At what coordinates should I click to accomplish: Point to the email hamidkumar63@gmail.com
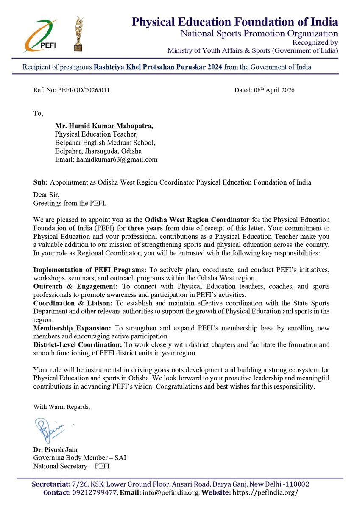[117, 159]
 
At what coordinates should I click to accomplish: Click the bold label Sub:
[40, 182]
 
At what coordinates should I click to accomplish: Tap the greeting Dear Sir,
[45, 195]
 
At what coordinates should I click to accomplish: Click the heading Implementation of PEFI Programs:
[90, 270]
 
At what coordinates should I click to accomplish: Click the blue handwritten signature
[49, 429]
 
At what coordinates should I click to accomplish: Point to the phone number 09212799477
[93, 492]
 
